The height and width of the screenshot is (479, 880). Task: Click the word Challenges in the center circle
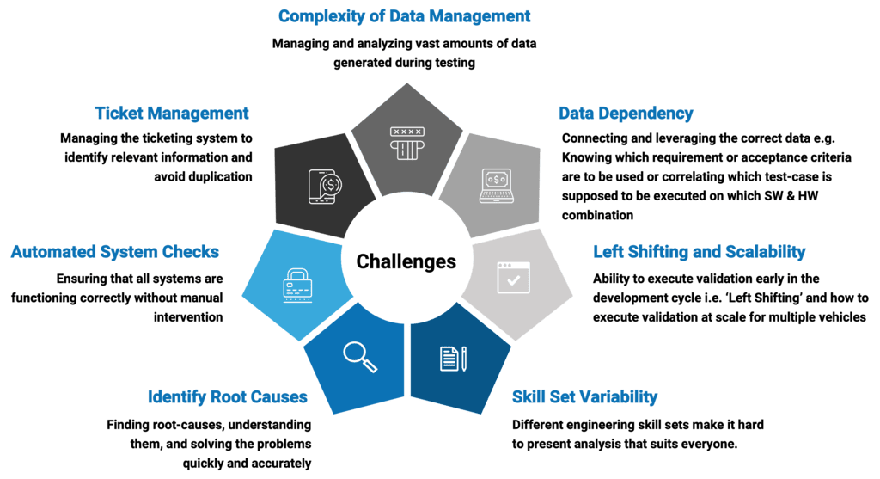click(x=406, y=261)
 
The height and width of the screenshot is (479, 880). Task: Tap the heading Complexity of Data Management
click(x=404, y=16)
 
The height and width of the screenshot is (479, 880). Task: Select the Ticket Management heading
click(x=172, y=114)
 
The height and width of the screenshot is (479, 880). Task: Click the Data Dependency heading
click(x=626, y=114)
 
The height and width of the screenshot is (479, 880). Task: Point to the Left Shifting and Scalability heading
click(x=700, y=252)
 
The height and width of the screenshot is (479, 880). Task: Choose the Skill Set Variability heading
click(x=584, y=397)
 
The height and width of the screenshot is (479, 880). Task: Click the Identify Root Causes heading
click(x=228, y=397)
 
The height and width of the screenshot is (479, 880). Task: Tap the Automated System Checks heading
click(x=115, y=252)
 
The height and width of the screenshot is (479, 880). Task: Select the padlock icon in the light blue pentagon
click(x=297, y=283)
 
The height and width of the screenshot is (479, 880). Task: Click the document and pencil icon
click(x=453, y=357)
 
